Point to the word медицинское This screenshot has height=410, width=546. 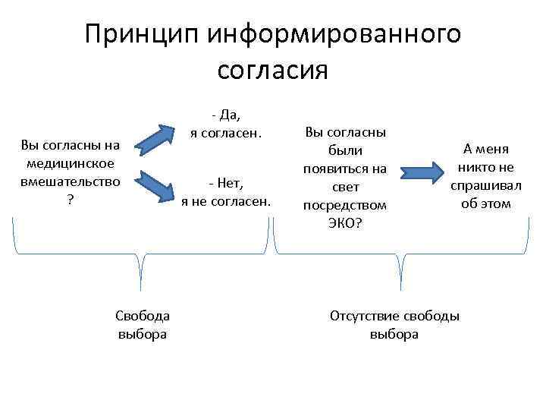point(70,163)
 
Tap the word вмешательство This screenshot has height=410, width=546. point(70,182)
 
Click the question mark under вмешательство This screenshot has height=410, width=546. point(70,200)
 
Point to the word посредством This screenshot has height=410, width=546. point(345,205)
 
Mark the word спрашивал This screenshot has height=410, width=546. point(486,186)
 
